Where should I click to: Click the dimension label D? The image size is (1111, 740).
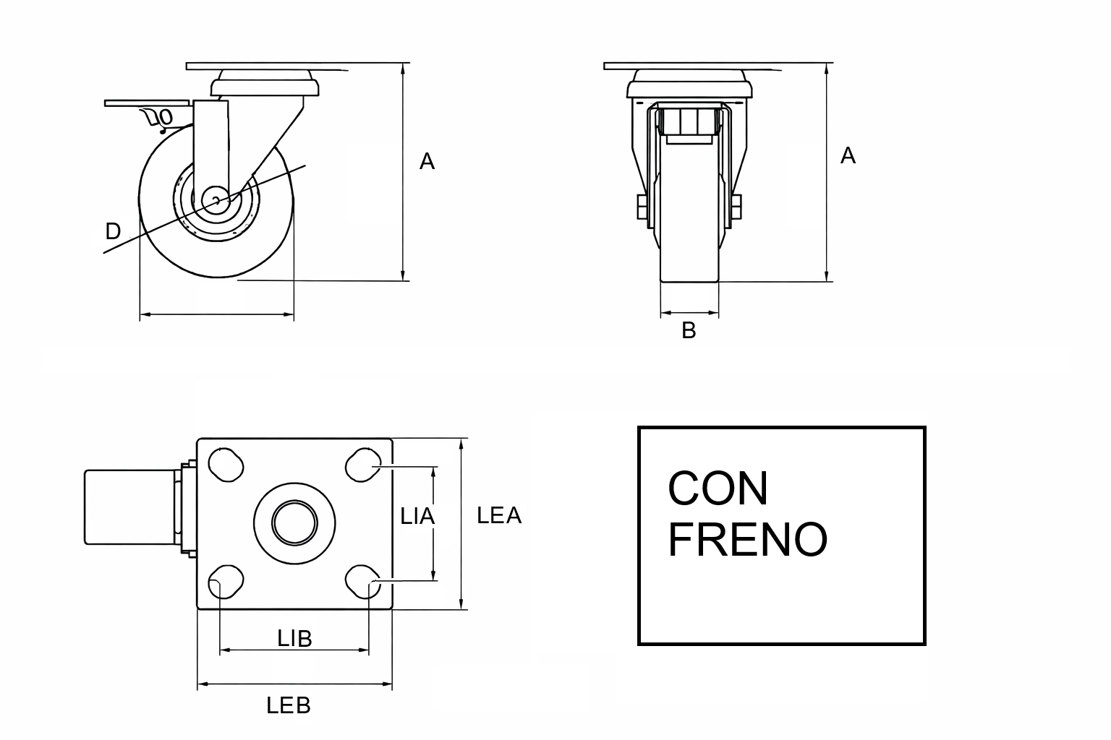click(x=113, y=231)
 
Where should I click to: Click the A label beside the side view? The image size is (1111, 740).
click(x=427, y=162)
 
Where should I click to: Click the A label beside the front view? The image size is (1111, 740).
click(x=848, y=155)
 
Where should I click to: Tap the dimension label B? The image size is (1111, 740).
click(x=689, y=330)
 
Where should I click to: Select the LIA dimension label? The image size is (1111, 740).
click(x=417, y=517)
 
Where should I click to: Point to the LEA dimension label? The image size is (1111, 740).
click(x=499, y=515)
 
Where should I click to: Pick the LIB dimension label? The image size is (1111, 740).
click(x=294, y=639)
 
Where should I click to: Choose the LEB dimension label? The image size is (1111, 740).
click(x=288, y=705)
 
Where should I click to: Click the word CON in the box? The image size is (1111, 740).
click(x=718, y=489)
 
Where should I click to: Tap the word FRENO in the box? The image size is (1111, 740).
click(x=748, y=539)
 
